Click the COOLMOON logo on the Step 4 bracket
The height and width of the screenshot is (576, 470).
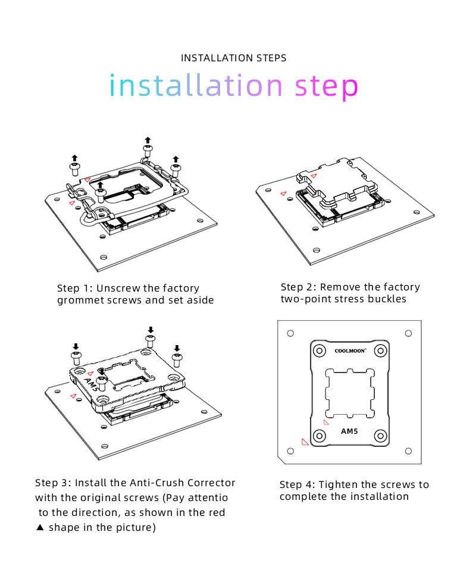tap(349, 351)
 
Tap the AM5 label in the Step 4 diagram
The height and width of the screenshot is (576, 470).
tap(349, 431)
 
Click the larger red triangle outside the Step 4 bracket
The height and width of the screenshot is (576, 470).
tap(305, 442)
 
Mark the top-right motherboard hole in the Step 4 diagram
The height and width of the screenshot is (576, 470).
tap(408, 334)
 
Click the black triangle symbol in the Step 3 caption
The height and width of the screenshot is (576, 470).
tap(40, 527)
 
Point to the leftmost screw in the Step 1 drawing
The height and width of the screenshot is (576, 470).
tap(74, 169)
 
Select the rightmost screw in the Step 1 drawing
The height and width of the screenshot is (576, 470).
tap(176, 168)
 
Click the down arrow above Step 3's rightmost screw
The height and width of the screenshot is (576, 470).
tap(176, 348)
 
